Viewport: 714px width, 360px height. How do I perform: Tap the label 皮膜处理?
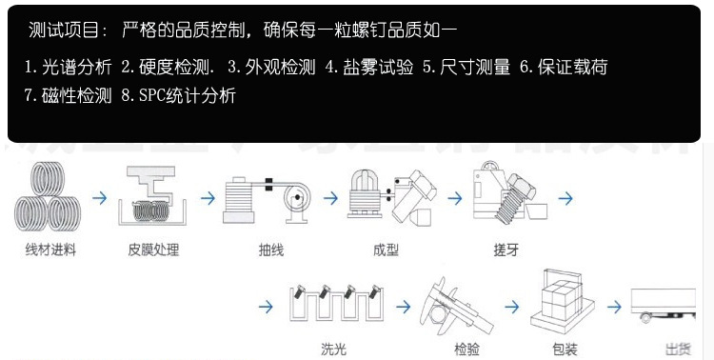click(153, 250)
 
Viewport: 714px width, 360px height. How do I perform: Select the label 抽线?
click(271, 250)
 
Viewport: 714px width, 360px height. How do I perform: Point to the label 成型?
click(386, 250)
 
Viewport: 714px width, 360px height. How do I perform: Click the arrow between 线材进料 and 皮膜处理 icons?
click(101, 199)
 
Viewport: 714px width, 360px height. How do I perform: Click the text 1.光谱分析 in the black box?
click(68, 67)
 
